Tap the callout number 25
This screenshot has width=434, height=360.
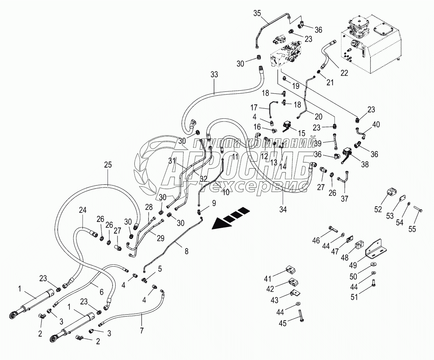point(108,165)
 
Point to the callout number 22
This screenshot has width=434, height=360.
point(344,73)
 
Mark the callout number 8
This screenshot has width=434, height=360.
point(187,252)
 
